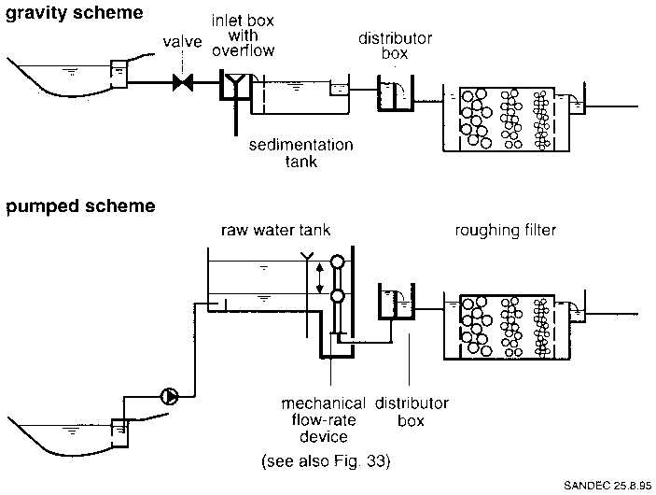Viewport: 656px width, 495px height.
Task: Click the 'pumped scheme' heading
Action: click(x=68, y=205)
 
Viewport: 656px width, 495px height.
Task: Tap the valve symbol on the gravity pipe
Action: click(x=183, y=83)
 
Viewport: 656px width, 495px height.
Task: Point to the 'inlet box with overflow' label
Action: click(x=243, y=35)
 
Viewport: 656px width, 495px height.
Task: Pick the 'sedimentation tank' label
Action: click(x=300, y=153)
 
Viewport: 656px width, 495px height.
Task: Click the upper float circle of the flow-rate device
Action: click(x=338, y=262)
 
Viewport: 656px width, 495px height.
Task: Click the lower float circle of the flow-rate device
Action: click(x=338, y=297)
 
